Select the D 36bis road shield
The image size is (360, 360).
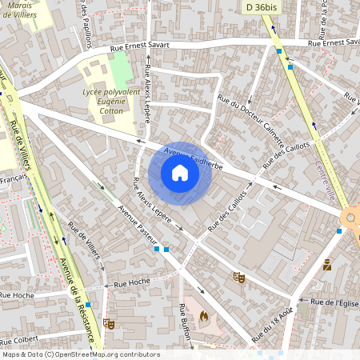tap(261, 6)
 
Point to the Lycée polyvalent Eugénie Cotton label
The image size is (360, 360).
tap(112, 102)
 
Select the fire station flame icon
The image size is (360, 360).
tap(203, 317)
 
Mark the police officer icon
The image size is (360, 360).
tap(327, 265)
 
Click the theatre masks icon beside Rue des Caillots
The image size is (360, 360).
tap(238, 277)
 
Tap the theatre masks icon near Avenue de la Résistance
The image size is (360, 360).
tap(109, 323)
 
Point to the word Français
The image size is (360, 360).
tap(14, 182)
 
